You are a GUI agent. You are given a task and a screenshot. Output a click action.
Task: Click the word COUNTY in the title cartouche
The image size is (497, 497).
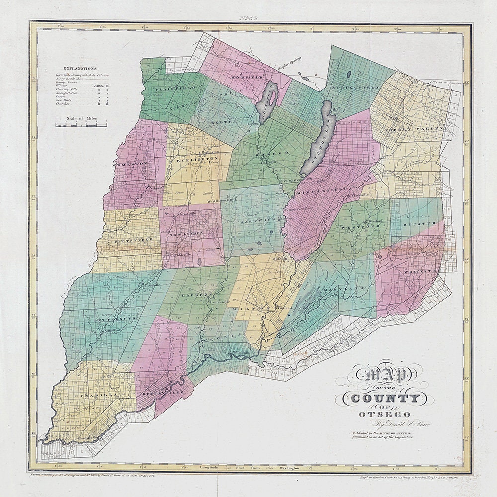[x=386, y=398]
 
